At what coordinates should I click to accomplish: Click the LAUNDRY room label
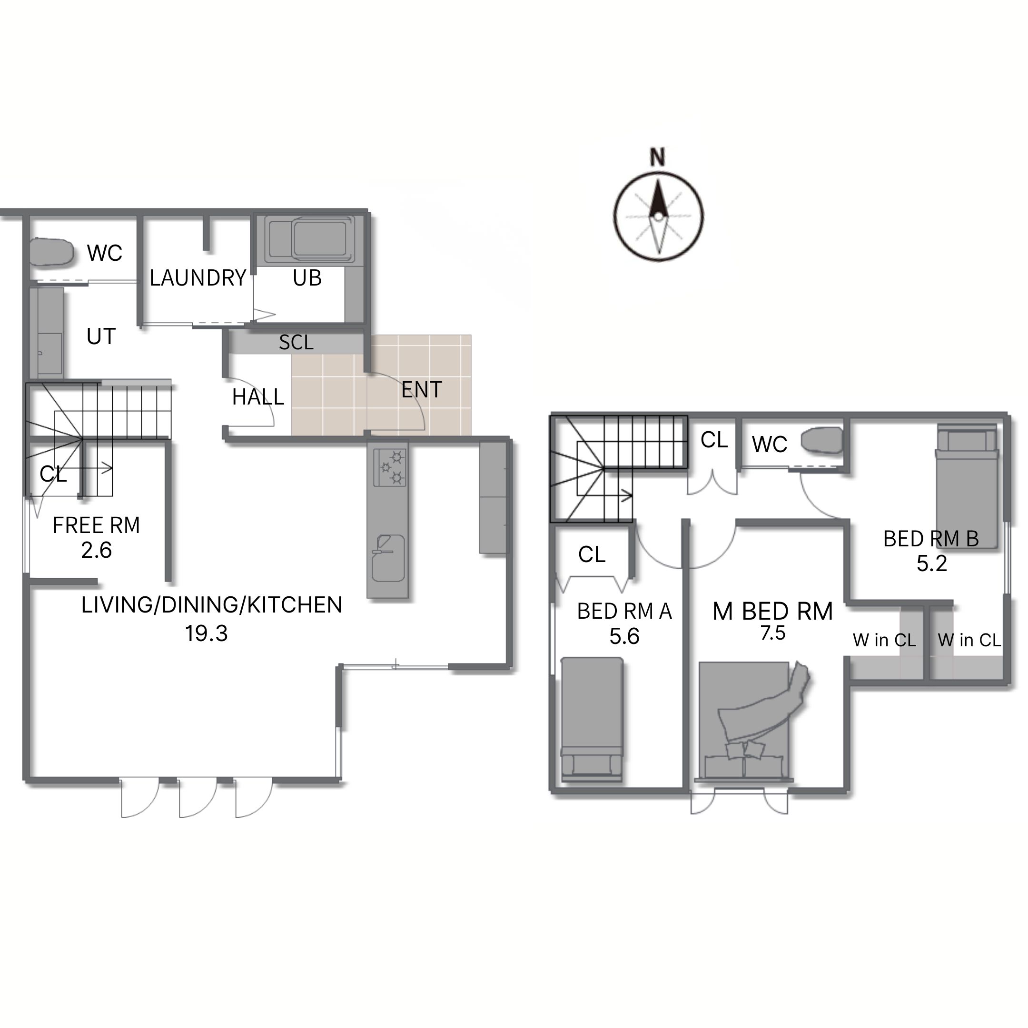[x=198, y=278]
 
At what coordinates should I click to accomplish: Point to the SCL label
[x=297, y=343]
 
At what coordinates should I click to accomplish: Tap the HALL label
[x=258, y=397]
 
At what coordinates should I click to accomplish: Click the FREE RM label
[x=96, y=526]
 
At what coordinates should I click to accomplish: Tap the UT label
[x=101, y=337]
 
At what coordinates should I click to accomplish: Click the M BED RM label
[x=772, y=612]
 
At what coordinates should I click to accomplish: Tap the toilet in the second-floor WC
[x=822, y=442]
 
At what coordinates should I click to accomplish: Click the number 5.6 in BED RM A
[x=624, y=637]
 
